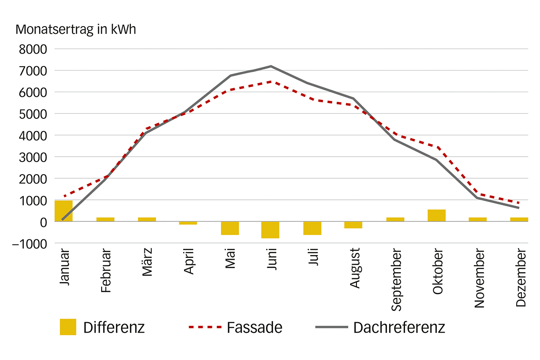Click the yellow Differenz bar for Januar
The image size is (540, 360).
tap(63, 211)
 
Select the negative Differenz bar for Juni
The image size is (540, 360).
tap(270, 229)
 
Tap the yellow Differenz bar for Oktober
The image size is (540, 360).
tap(436, 216)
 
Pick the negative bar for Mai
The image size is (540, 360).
tap(229, 228)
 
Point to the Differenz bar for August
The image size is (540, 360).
tap(353, 225)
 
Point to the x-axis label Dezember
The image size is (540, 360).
tap(521, 277)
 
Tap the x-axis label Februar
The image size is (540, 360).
tap(106, 270)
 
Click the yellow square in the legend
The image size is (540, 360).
tap(68, 327)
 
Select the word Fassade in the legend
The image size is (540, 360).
tap(255, 327)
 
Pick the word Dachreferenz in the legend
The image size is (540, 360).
tap(399, 327)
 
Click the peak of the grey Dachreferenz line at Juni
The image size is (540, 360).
tap(271, 66)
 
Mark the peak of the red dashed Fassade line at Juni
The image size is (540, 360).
tap(271, 82)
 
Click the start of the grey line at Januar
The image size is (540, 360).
tap(63, 219)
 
